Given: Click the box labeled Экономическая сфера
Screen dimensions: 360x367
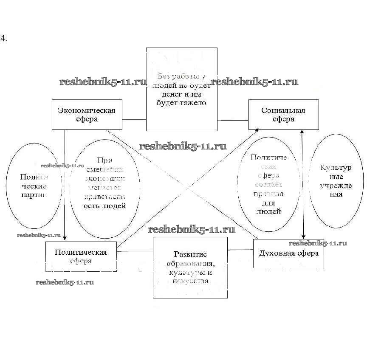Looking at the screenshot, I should click(x=87, y=114).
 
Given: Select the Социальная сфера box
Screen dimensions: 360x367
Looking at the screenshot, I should click(x=283, y=114).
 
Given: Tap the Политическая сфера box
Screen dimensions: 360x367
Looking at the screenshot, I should click(x=81, y=256).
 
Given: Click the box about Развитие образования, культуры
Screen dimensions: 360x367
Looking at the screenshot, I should click(x=190, y=267).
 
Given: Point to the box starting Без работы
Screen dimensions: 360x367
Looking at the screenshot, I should click(x=181, y=89).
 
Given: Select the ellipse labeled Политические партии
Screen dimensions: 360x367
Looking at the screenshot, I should click(x=34, y=186).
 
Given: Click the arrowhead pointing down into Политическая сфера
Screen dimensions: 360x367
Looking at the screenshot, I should click(x=65, y=238).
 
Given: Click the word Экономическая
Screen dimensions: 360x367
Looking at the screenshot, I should click(x=87, y=110).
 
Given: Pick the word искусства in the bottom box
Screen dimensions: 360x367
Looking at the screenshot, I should click(x=190, y=281).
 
